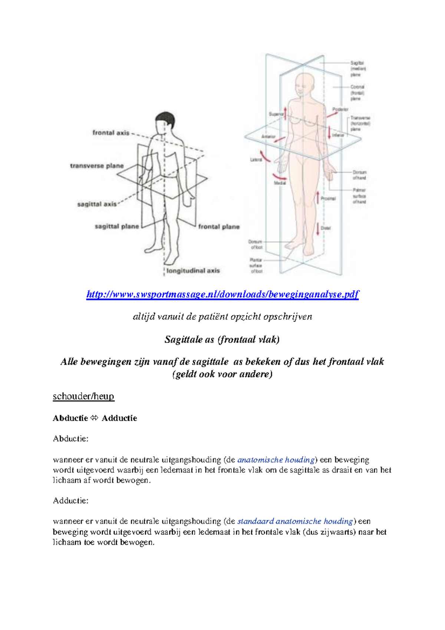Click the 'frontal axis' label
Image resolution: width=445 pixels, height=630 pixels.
(111, 132)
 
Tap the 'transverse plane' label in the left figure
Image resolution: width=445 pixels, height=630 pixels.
(97, 166)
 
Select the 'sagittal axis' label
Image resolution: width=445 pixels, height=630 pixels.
(97, 204)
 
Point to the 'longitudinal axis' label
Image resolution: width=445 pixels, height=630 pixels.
(193, 271)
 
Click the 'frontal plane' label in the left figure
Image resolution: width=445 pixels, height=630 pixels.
(219, 227)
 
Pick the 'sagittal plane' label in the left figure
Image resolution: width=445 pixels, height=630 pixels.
(116, 226)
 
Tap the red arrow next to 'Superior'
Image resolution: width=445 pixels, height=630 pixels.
(285, 111)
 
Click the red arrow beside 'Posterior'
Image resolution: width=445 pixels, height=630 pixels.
(332, 114)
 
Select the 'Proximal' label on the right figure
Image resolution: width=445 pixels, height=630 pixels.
(328, 198)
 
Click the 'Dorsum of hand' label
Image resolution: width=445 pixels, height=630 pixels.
(359, 175)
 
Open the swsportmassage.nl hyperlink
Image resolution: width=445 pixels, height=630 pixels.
(222, 295)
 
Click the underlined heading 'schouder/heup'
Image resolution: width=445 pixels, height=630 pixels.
(83, 396)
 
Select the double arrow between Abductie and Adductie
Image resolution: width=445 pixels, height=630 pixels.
(95, 418)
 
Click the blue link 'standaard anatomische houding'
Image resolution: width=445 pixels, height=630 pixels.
(295, 521)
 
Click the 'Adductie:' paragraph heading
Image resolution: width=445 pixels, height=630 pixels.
(70, 501)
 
